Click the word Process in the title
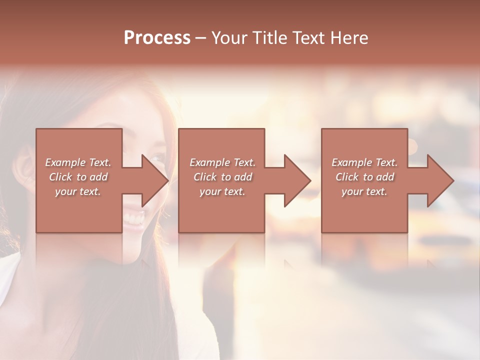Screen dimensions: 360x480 pyautogui.click(x=157, y=38)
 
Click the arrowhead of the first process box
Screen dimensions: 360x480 pyautogui.click(x=155, y=180)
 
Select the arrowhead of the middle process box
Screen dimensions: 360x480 pyautogui.click(x=297, y=180)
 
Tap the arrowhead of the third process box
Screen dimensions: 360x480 pyautogui.click(x=440, y=180)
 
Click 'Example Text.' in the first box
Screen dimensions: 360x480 pyautogui.click(x=78, y=162)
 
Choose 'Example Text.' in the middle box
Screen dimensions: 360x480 pyautogui.click(x=222, y=162)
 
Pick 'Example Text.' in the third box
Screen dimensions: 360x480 pyautogui.click(x=364, y=162)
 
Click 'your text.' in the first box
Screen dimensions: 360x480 pyautogui.click(x=78, y=191)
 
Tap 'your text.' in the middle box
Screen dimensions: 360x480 pyautogui.click(x=222, y=191)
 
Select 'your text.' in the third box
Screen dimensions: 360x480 pyautogui.click(x=364, y=191)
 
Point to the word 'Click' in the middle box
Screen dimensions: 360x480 pyautogui.click(x=205, y=177)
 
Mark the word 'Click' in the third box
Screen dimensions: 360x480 pyautogui.click(x=347, y=177)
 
